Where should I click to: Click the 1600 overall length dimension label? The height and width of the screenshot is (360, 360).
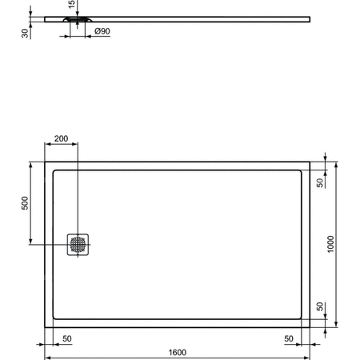pos(178,352)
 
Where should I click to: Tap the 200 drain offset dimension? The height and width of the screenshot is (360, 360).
pos(61,138)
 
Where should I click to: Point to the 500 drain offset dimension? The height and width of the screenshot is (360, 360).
pos(25,205)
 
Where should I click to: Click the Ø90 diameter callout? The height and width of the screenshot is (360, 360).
pos(102,32)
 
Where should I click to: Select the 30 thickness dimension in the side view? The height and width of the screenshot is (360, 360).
pos(26,31)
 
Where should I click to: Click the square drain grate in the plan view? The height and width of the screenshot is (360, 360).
pos(78,245)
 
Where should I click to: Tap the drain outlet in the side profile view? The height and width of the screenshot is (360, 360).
pos(78,21)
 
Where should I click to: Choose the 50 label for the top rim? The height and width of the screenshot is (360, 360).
pos(320,183)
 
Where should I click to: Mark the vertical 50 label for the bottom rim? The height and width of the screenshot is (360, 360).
pos(320,306)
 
